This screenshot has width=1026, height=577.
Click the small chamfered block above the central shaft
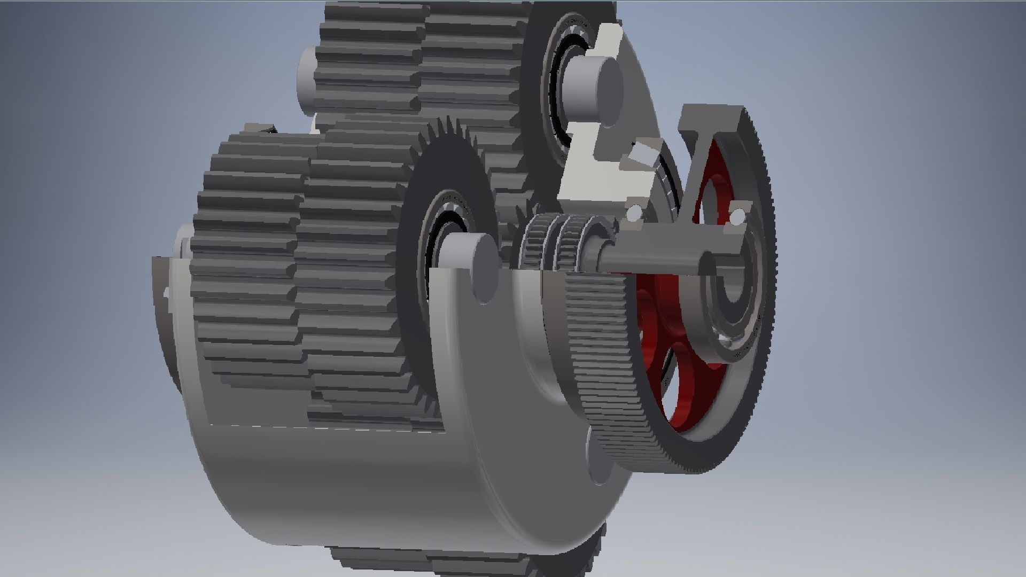coord(644,155)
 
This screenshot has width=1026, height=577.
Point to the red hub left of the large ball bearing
coord(649,321)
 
